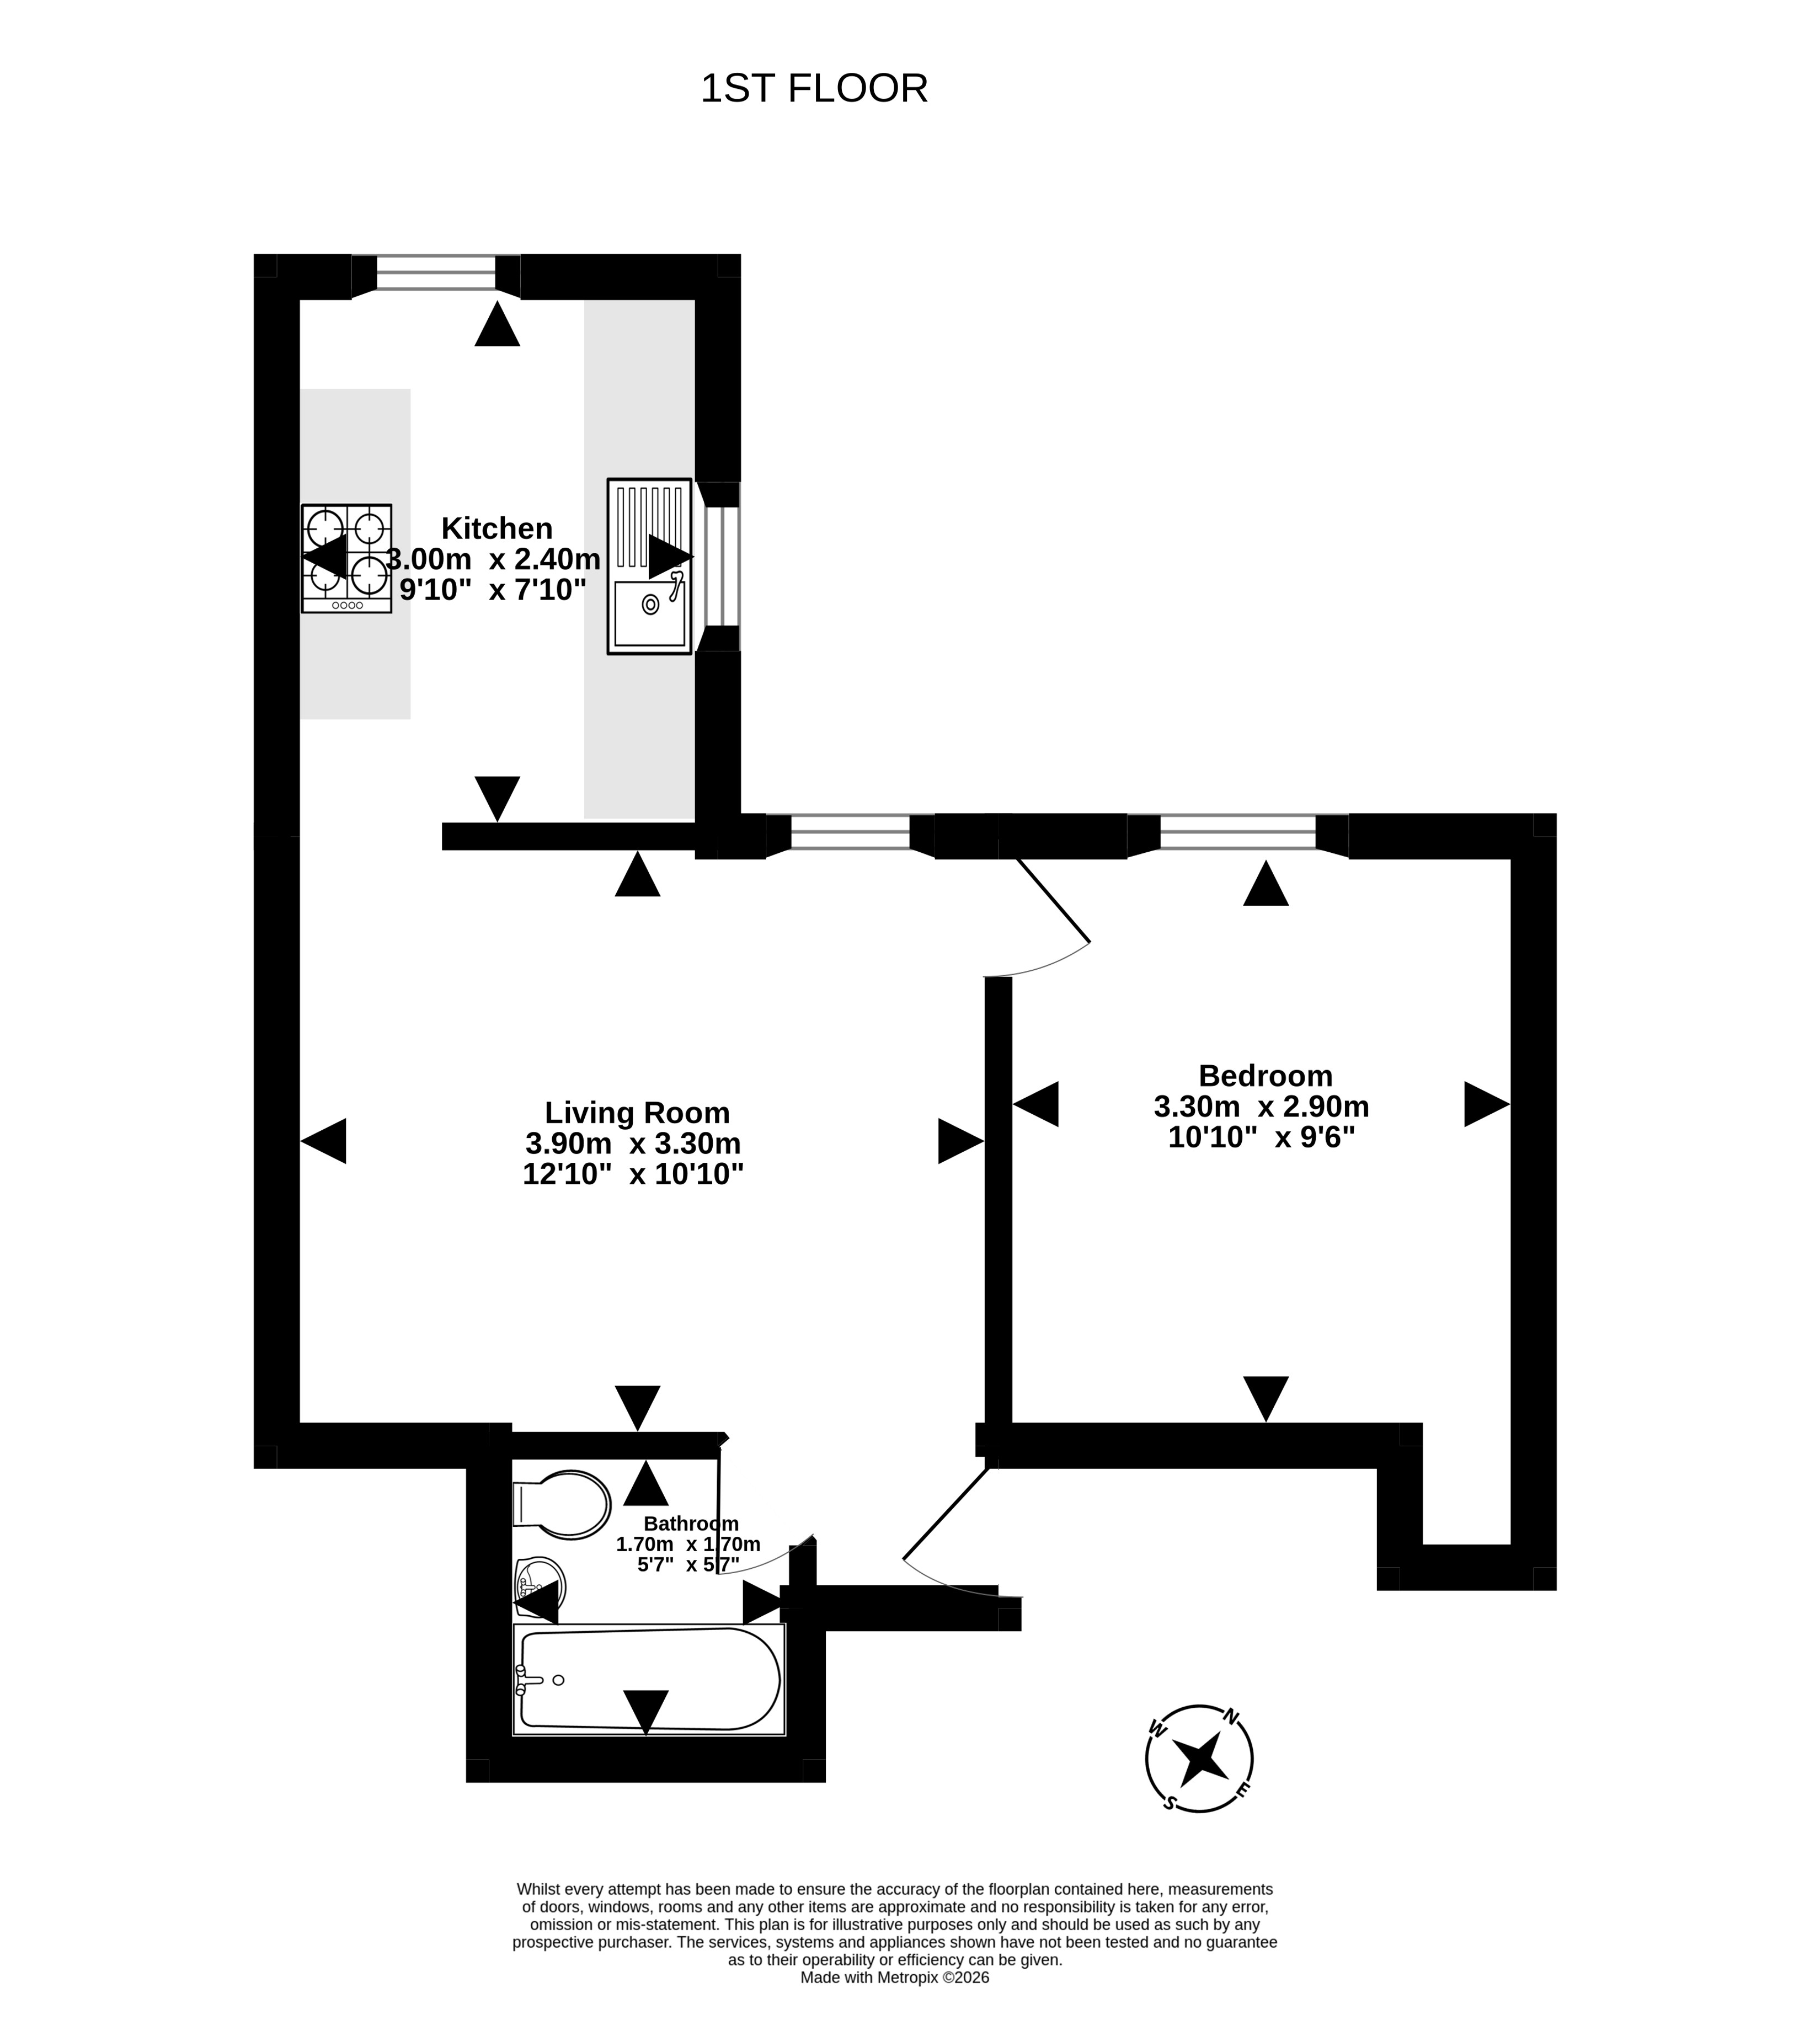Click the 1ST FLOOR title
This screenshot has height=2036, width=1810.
[x=814, y=89]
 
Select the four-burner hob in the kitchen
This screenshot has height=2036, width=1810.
[x=346, y=558]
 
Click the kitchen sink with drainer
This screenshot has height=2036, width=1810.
[x=649, y=566]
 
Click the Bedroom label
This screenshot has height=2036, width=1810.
[x=1265, y=1076]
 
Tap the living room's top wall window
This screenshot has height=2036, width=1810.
[x=850, y=832]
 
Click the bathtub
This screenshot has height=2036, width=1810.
[x=649, y=1680]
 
